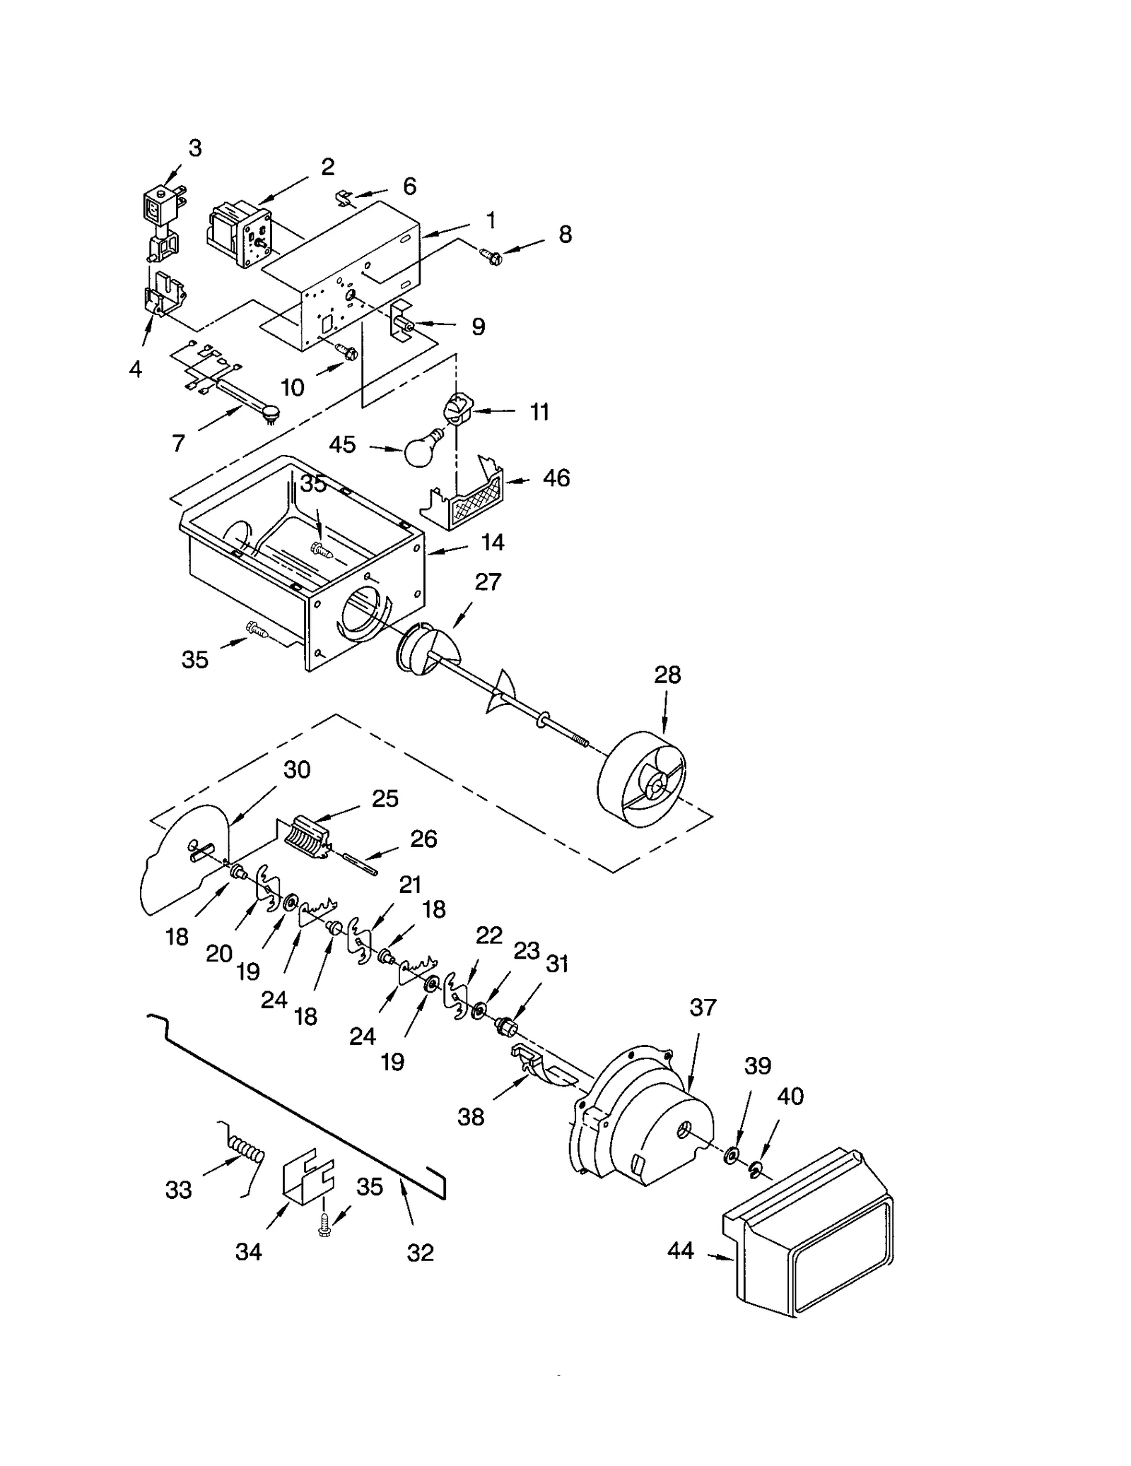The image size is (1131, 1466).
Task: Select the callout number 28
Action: pyautogui.click(x=667, y=675)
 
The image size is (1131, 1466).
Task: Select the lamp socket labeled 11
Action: pyautogui.click(x=456, y=409)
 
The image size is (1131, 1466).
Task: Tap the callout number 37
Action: pyautogui.click(x=703, y=1007)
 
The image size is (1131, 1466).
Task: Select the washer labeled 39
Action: pyautogui.click(x=731, y=1156)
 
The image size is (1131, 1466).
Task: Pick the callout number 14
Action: pyautogui.click(x=492, y=543)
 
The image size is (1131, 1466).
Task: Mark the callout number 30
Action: pyautogui.click(x=297, y=769)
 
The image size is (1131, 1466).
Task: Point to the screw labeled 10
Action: pyautogui.click(x=346, y=350)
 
